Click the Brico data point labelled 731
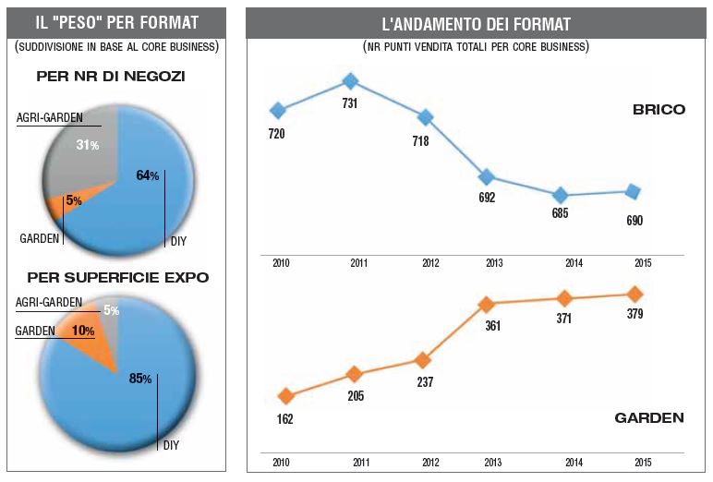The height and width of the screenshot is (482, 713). (x=351, y=81)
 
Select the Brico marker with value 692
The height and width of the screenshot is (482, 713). (x=487, y=177)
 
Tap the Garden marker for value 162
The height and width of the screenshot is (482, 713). (x=285, y=396)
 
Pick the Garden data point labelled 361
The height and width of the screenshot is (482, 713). (x=488, y=304)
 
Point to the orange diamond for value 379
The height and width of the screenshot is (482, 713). (x=634, y=295)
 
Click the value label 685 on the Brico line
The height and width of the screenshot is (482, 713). (x=560, y=213)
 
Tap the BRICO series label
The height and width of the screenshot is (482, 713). (x=659, y=109)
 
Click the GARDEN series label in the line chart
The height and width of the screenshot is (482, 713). (x=649, y=418)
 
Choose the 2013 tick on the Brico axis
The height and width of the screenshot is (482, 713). (x=495, y=263)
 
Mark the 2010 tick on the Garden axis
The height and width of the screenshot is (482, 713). (x=281, y=462)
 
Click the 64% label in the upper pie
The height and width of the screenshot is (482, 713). (x=148, y=175)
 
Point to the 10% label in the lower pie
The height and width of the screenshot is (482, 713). (x=83, y=331)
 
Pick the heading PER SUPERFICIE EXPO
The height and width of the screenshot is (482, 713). (x=117, y=277)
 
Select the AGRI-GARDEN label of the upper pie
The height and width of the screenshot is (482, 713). (x=50, y=118)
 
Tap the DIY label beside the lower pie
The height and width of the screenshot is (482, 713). (x=171, y=445)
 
